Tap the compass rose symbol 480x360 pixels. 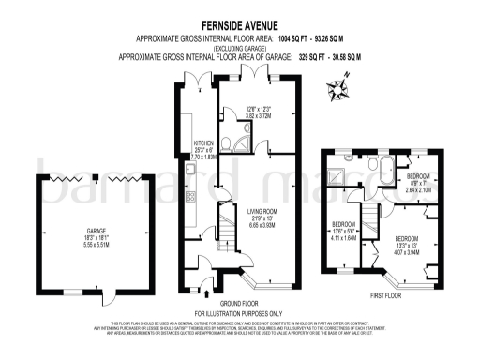[338, 90]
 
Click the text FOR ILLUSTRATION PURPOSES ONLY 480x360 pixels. [239, 312]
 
